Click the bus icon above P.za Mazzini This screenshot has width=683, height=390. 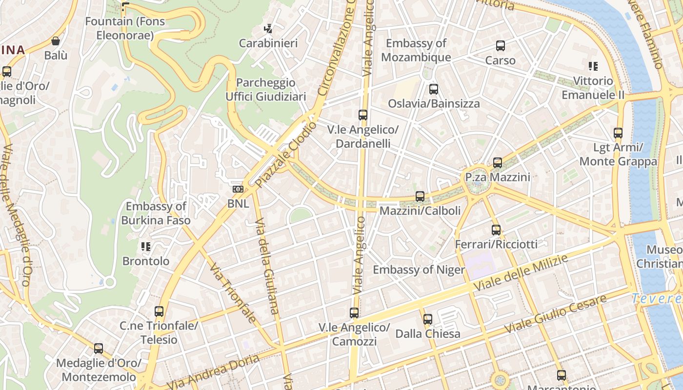(497, 163)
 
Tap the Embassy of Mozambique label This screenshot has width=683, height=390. (416, 50)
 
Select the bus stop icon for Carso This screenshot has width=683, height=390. (500, 46)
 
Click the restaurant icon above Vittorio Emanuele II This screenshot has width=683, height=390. (593, 66)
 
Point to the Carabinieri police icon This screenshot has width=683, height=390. (268, 29)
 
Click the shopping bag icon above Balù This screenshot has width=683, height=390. (56, 41)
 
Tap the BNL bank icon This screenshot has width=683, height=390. (238, 189)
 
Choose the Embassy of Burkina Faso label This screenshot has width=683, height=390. (156, 213)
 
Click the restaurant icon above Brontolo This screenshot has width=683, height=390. (145, 247)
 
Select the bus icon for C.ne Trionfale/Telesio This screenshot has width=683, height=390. (159, 311)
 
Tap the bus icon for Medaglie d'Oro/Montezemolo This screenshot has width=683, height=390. (99, 349)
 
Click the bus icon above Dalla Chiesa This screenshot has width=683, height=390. (427, 319)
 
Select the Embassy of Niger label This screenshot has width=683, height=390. (419, 270)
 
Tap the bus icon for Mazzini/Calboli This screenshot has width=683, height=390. (420, 196)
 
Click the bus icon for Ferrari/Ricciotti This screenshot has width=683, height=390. (496, 230)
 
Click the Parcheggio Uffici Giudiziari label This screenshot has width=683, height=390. (265, 89)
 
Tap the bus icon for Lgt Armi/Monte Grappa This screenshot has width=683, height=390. (618, 133)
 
